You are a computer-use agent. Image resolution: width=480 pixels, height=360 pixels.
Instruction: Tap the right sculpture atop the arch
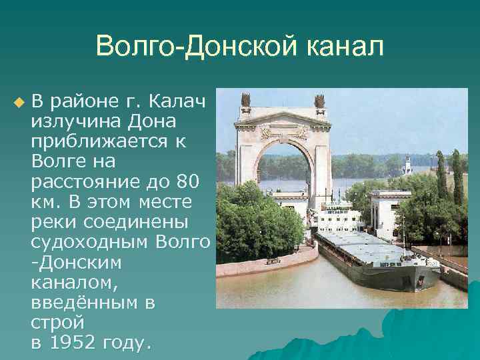click(319, 101)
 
